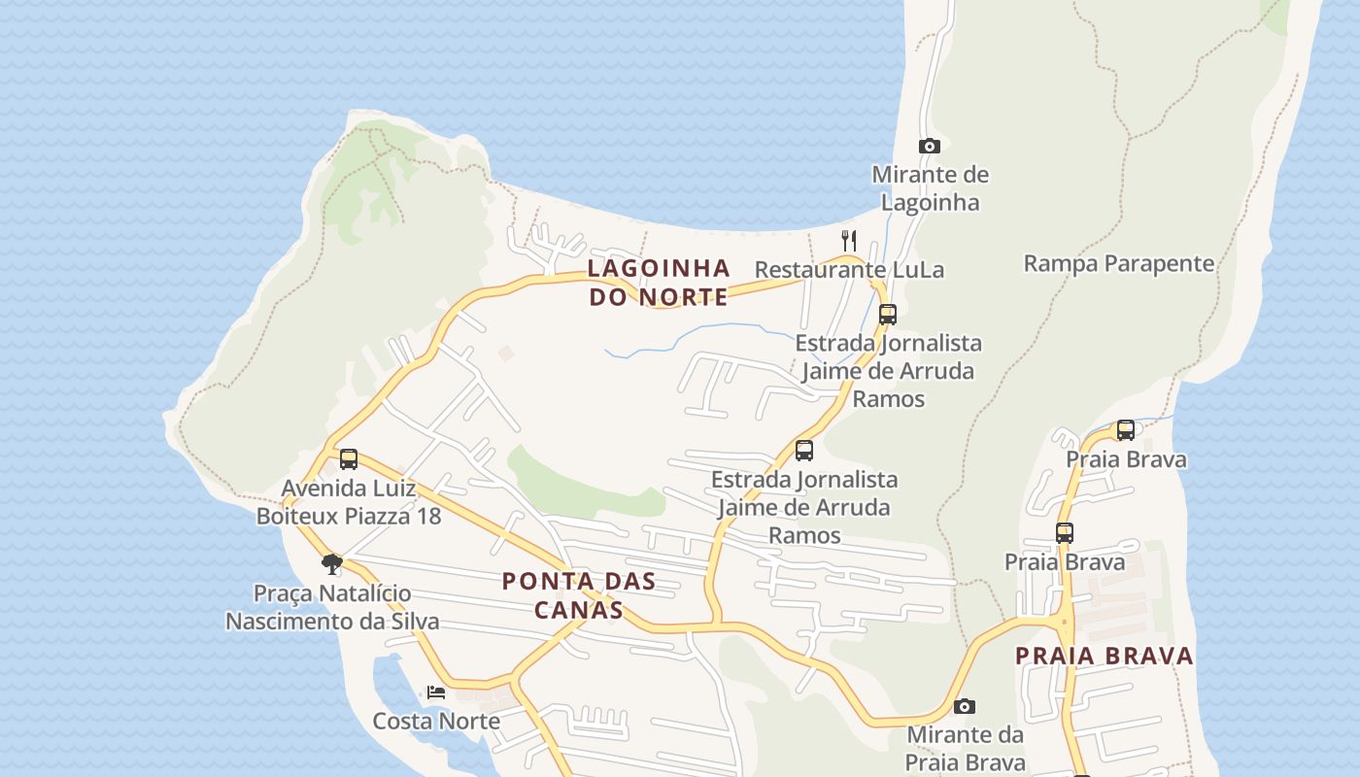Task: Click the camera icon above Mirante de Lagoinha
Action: click(930, 147)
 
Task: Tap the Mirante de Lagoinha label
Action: click(930, 188)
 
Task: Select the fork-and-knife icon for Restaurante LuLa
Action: click(849, 240)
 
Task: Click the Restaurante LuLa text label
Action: click(849, 269)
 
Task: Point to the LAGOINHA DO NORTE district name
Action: click(659, 282)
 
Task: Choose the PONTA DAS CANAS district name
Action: click(578, 595)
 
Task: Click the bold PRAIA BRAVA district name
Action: click(1105, 656)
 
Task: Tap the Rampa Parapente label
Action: click(1119, 263)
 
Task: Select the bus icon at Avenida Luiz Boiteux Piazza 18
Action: click(349, 458)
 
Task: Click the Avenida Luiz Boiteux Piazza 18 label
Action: click(349, 501)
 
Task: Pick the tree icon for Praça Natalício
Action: click(332, 563)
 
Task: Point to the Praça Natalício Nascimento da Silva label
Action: click(332, 607)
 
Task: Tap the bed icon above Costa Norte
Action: click(436, 693)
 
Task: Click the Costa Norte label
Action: click(436, 721)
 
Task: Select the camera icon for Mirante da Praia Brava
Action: click(965, 706)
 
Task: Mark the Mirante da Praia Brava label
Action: click(965, 748)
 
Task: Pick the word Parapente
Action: click(1162, 263)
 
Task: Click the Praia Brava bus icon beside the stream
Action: click(1126, 429)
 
